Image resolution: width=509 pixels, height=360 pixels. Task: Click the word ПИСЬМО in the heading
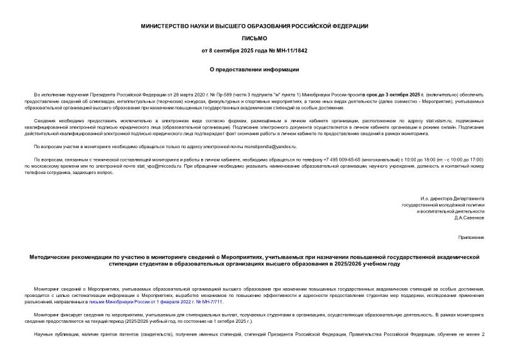(254, 37)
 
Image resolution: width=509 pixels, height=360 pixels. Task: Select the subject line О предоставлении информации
(254, 69)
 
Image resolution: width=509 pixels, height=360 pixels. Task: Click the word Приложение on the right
(472, 238)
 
